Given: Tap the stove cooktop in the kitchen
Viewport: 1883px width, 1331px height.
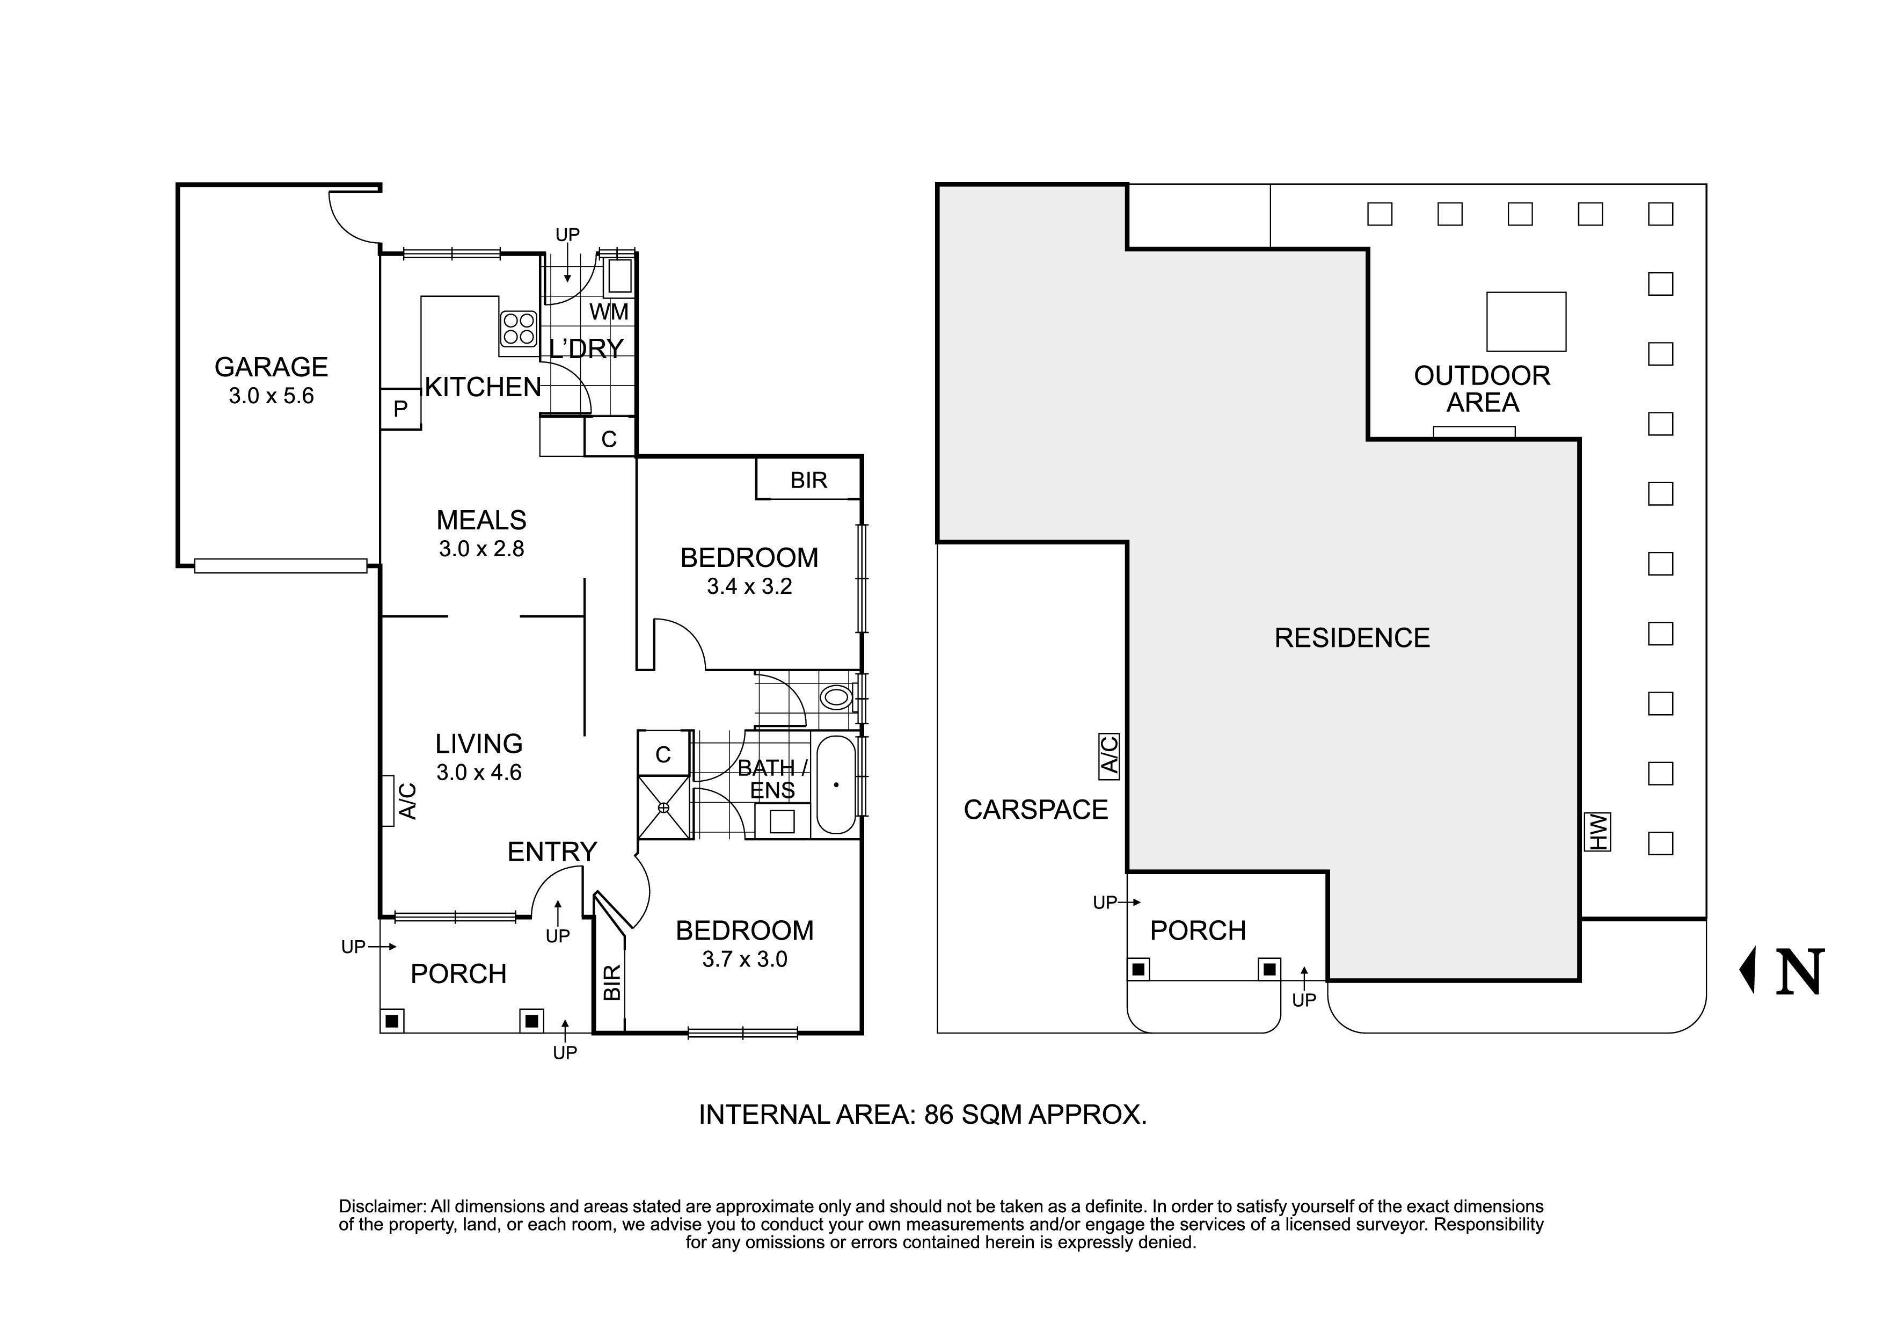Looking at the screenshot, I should pyautogui.click(x=519, y=328).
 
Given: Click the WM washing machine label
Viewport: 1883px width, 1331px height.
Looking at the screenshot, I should pyautogui.click(x=609, y=311).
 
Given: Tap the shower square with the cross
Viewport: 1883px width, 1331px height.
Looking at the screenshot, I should pyautogui.click(x=663, y=808).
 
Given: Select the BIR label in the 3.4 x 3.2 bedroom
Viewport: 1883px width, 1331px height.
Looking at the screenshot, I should pyautogui.click(x=808, y=481).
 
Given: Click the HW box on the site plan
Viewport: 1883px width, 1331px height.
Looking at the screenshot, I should pyautogui.click(x=1597, y=832).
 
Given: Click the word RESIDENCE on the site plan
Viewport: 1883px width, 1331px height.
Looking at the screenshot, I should pyautogui.click(x=1352, y=638).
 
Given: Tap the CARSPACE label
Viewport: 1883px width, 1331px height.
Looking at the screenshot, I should pyautogui.click(x=1035, y=810).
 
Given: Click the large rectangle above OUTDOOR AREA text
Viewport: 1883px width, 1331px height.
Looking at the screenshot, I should pyautogui.click(x=1526, y=322).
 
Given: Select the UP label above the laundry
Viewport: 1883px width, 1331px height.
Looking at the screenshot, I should pyautogui.click(x=567, y=235).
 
